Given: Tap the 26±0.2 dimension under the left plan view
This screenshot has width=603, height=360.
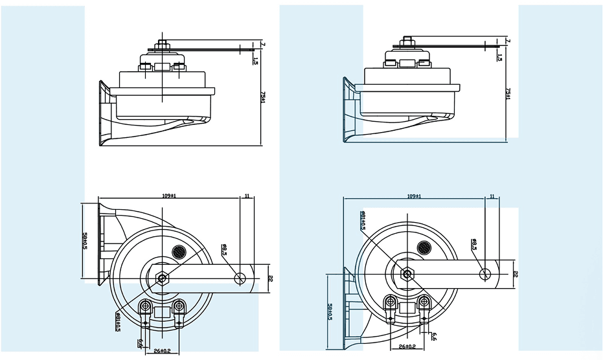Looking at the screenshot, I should [x=161, y=350].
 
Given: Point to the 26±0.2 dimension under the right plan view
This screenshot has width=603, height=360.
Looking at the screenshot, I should [x=407, y=347].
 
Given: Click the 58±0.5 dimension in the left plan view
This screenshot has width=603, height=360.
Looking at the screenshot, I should [x=85, y=242].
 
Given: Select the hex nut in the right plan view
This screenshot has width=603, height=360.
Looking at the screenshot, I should [x=407, y=273].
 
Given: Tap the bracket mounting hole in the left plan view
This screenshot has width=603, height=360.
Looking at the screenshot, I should [x=241, y=278].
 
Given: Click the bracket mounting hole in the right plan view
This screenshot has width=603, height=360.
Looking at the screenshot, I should [x=485, y=273].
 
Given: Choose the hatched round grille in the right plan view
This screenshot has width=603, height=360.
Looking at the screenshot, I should [x=425, y=246].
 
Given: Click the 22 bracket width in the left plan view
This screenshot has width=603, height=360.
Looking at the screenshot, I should [x=270, y=278].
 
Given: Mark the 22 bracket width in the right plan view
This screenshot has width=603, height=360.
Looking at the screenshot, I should [x=515, y=273].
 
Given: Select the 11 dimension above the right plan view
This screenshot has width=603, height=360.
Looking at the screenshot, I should [x=492, y=196].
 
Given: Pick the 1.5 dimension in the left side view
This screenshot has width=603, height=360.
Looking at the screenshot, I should [x=256, y=61].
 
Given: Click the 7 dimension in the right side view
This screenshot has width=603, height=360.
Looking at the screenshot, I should [x=508, y=40].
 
